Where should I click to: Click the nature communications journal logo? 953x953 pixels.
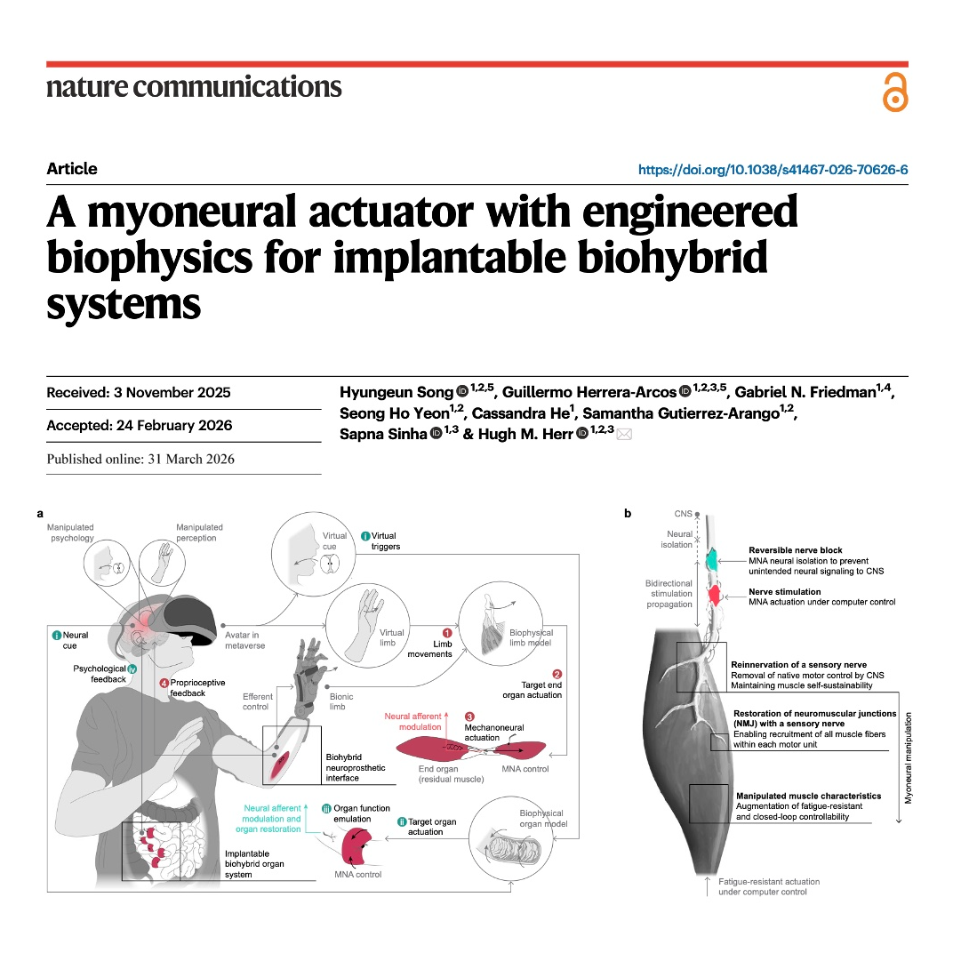coord(194,87)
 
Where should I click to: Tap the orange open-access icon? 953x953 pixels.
coord(895,92)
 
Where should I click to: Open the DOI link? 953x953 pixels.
coord(773,170)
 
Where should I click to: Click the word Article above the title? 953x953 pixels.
coord(72,168)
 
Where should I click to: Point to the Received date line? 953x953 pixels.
coord(139,393)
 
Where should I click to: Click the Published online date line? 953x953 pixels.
coord(140,459)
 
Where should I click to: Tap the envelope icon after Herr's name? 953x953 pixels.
coord(624,434)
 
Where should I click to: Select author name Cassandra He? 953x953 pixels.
coord(520,413)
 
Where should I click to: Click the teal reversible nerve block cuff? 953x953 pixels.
coord(712,560)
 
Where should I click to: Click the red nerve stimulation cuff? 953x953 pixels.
coord(715,594)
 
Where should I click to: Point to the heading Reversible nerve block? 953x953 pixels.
coord(795,550)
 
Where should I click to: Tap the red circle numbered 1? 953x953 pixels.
coord(446,633)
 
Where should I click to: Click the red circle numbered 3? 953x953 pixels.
coord(469,717)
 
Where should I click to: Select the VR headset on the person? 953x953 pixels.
coord(187,618)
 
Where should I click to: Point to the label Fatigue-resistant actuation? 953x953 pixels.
coord(769,881)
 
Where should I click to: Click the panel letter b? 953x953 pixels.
coord(628,514)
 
